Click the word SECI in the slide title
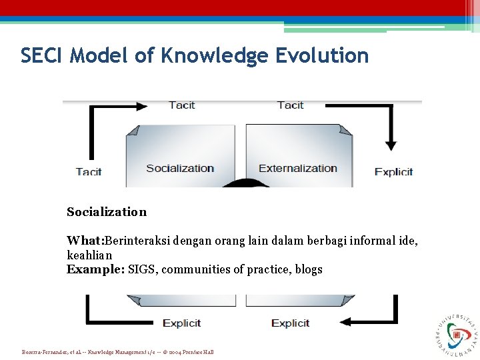coord(42,55)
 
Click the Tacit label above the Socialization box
coord(182,105)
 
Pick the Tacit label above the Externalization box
coord(290,105)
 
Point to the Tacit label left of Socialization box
coord(89,171)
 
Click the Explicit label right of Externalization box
coord(393,171)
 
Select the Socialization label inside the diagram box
coord(180,168)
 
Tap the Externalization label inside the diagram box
coord(298,168)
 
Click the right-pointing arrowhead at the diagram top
coord(141,105)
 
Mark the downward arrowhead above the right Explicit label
coord(391,145)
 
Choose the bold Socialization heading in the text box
coord(107,212)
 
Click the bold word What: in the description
coord(85,240)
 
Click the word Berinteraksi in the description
coord(137,240)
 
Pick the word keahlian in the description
coord(89,255)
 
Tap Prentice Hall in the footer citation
coord(197,352)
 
